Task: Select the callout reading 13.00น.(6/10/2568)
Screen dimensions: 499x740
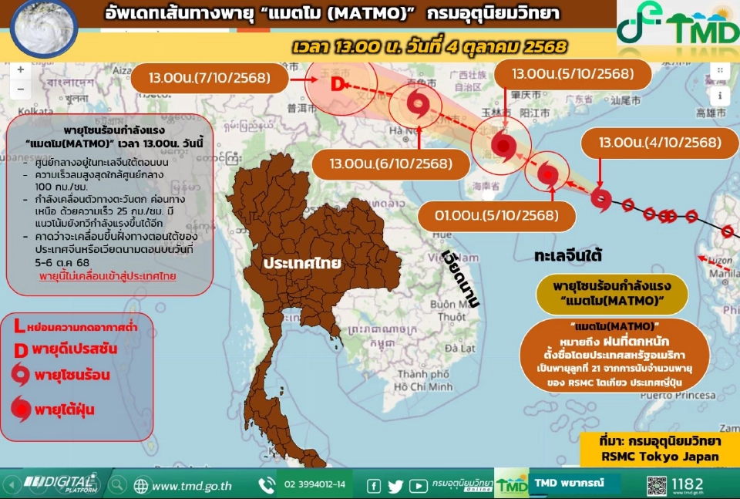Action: click(391, 164)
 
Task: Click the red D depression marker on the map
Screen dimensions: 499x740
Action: click(336, 84)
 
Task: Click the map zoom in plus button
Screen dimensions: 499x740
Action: click(21, 69)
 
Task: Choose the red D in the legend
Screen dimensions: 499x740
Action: click(21, 349)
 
